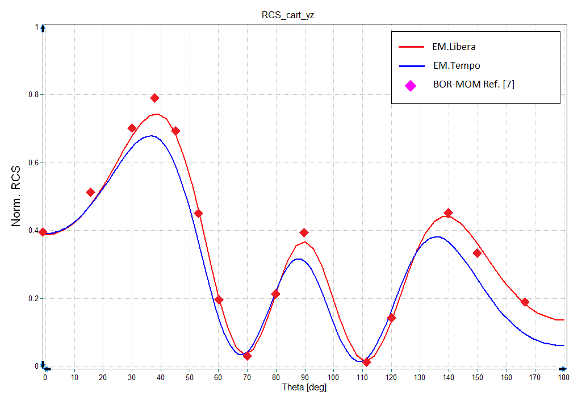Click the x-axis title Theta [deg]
[304, 388]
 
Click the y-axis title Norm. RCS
[18, 197]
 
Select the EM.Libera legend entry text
[454, 47]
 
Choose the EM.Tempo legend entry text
[456, 66]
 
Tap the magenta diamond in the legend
[411, 85]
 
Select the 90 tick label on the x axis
[305, 376]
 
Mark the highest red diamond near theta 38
[154, 98]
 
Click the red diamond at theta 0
[43, 232]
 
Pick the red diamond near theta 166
[525, 302]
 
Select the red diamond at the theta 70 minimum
[247, 356]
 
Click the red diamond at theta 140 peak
[448, 213]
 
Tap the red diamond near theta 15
[90, 193]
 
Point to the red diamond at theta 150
[477, 253]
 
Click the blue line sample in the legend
[411, 66]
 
